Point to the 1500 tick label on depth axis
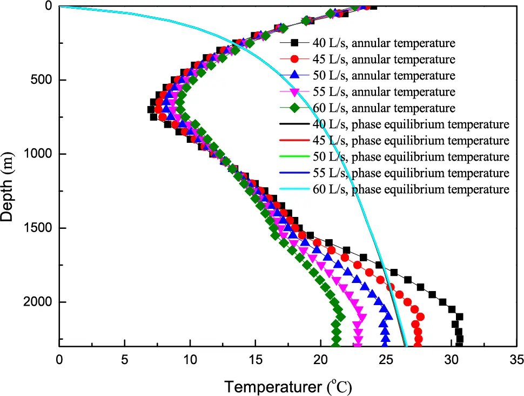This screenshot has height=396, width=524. (38, 228)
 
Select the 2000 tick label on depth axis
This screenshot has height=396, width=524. (38, 302)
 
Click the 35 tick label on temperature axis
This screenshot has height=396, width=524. (516, 358)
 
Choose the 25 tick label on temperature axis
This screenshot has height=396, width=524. (386, 358)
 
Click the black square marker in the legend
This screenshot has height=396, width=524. (294, 42)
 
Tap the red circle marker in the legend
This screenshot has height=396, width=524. (294, 59)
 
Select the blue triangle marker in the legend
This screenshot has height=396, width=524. (294, 75)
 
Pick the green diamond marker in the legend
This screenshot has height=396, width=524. (294, 108)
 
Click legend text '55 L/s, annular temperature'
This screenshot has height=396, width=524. (383, 91)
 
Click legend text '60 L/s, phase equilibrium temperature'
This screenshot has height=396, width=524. (411, 189)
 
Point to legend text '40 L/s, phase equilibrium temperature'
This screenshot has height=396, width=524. (411, 124)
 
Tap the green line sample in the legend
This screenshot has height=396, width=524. (294, 157)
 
